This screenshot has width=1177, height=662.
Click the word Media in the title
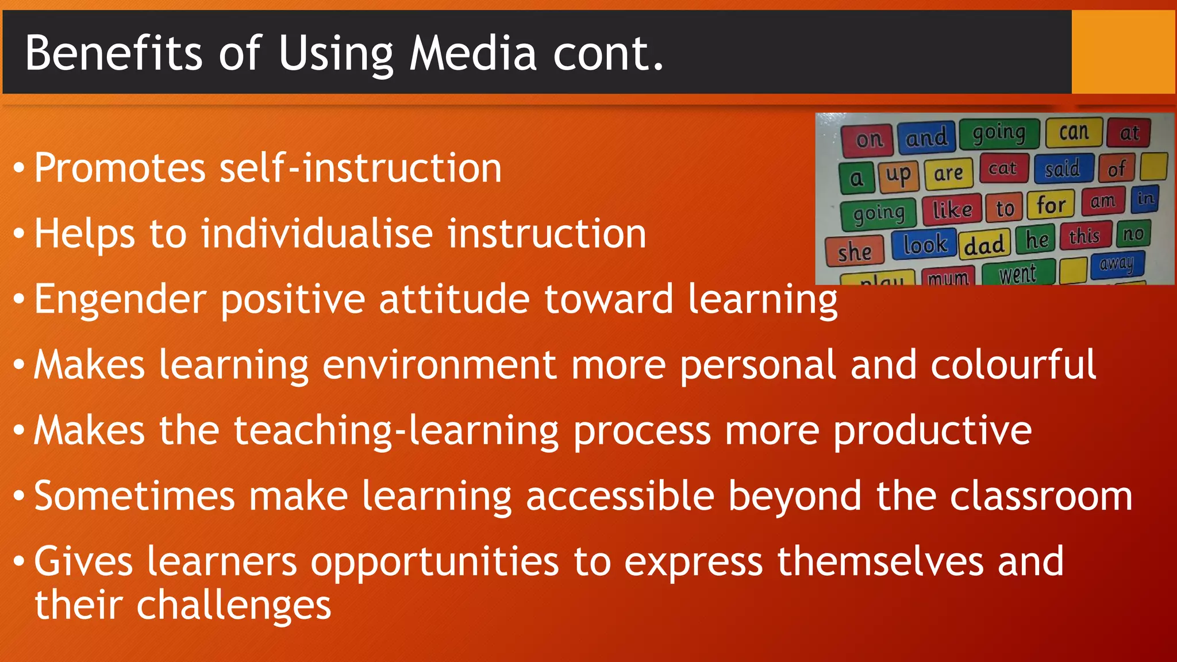click(472, 53)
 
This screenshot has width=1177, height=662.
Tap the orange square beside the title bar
click(1123, 52)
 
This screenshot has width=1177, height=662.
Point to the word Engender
click(120, 299)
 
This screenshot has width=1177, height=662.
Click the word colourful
click(1013, 365)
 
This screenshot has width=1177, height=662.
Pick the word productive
click(932, 430)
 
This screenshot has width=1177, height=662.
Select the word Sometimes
click(134, 496)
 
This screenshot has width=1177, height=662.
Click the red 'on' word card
click(868, 140)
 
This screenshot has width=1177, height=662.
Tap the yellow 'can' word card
click(1074, 132)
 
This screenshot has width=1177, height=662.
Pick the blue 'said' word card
click(1062, 168)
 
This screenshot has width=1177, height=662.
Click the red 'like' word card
click(952, 210)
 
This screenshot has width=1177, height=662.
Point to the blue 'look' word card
click(924, 245)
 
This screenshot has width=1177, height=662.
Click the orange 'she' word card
click(854, 252)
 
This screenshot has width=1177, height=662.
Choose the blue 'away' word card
click(1117, 264)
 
